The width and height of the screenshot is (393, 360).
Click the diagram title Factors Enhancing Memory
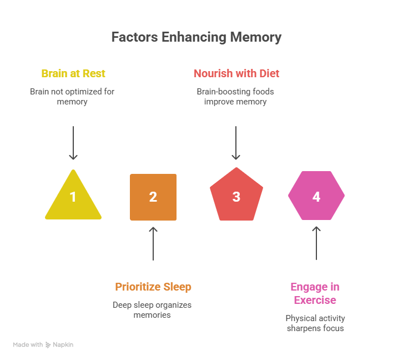click(196, 38)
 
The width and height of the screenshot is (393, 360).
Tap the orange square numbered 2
click(153, 197)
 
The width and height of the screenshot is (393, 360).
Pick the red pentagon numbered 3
click(236, 196)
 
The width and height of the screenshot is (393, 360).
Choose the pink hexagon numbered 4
click(316, 196)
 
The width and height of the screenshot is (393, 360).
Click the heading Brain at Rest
click(73, 73)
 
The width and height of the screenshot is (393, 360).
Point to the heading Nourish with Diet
click(236, 73)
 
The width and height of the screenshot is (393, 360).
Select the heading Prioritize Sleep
click(153, 287)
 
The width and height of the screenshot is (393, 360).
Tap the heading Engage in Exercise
click(315, 293)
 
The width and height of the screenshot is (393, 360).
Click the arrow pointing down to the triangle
click(73, 143)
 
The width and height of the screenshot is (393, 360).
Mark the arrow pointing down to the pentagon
click(236, 143)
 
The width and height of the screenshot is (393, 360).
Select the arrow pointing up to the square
click(153, 243)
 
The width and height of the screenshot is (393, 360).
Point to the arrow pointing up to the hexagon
click(316, 243)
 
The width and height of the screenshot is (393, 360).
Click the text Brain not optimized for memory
click(72, 97)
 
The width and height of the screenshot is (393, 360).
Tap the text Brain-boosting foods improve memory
click(235, 97)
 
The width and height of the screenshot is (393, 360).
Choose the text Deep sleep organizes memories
click(152, 310)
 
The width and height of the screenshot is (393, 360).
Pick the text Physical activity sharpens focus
click(315, 323)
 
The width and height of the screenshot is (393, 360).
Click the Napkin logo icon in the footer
click(49, 345)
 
